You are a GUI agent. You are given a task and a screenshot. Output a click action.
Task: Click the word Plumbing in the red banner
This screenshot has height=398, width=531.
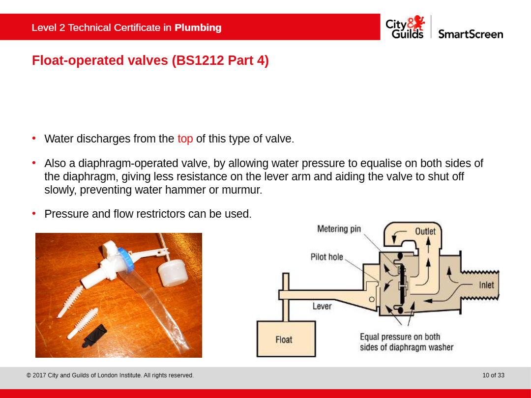click(x=198, y=28)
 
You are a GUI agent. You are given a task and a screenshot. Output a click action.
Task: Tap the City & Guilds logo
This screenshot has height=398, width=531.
click(x=405, y=27)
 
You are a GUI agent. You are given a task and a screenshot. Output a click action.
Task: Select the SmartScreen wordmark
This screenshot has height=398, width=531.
click(x=471, y=34)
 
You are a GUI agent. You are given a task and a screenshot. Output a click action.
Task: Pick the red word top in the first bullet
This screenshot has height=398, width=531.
click(x=185, y=139)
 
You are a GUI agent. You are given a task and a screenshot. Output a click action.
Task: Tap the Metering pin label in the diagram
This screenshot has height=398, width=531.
click(x=339, y=229)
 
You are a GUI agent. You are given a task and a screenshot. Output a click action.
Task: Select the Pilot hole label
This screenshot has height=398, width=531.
click(x=327, y=257)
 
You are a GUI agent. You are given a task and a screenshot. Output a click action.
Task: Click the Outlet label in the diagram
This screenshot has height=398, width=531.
click(x=425, y=231)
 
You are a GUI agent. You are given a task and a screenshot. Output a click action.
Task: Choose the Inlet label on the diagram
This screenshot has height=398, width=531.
click(x=486, y=285)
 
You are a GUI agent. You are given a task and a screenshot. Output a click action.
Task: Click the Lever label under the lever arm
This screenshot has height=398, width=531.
click(x=322, y=306)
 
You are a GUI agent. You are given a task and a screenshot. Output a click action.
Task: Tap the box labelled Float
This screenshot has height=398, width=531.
click(x=286, y=339)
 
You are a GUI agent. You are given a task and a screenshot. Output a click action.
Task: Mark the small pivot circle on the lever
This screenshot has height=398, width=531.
click(x=372, y=299)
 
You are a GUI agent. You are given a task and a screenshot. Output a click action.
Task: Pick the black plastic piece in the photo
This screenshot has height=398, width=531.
click(x=94, y=336)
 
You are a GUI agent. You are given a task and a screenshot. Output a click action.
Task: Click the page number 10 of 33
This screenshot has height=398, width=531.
click(x=494, y=375)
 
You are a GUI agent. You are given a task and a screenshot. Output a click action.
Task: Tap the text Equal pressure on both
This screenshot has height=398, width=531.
click(x=400, y=337)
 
